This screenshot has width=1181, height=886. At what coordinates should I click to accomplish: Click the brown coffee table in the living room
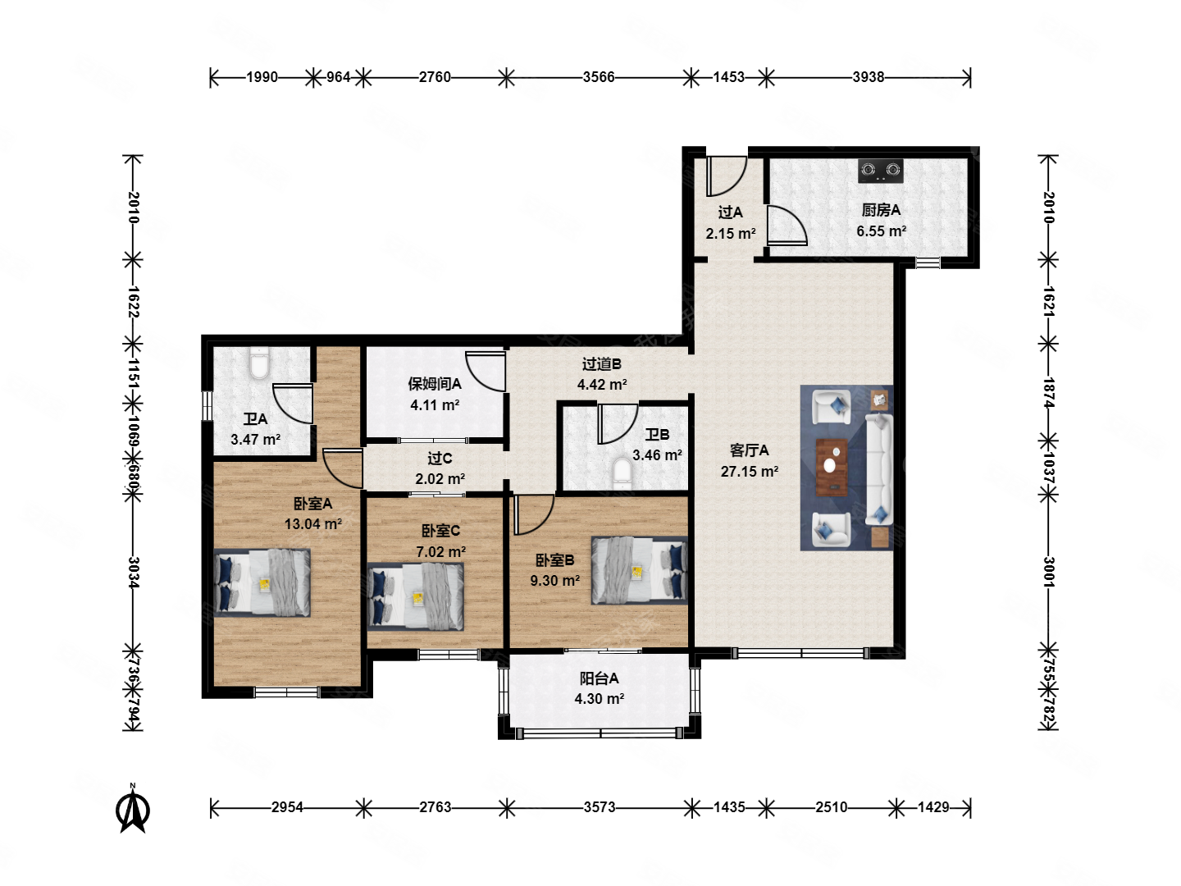pos(832,467)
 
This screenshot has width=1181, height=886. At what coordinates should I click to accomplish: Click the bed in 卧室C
pos(415,596)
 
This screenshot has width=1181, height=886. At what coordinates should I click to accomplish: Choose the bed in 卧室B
pos(639,570)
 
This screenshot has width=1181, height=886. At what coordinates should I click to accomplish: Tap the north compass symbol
pos(133,808)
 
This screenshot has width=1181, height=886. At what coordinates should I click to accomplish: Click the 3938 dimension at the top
pos(868,77)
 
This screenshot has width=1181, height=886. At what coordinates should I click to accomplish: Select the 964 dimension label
pos(339,77)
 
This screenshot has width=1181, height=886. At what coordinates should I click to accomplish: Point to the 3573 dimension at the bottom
pos(600,807)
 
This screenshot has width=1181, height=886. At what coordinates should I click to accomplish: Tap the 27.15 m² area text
pos(750,472)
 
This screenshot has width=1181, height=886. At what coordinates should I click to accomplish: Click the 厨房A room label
pos(881,210)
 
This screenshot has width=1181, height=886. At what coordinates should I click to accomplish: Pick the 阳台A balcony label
pos(599,678)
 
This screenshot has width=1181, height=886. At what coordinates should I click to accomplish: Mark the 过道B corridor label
pos(601,364)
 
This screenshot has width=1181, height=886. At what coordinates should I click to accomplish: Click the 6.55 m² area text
pos(882,231)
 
